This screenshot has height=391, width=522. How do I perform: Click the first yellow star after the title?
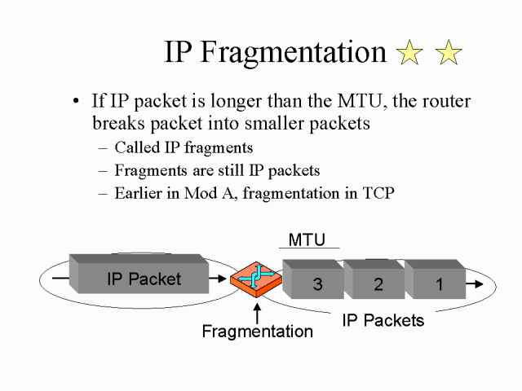pyautogui.click(x=409, y=54)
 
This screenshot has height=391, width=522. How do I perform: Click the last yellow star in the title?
pyautogui.click(x=449, y=54)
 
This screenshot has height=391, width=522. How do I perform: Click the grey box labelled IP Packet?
pyautogui.click(x=143, y=278)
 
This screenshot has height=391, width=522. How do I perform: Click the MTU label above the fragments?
pyautogui.click(x=307, y=239)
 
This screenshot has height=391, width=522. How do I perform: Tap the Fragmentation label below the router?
pyautogui.click(x=257, y=332)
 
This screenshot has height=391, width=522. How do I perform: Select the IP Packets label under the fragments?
pyautogui.click(x=383, y=320)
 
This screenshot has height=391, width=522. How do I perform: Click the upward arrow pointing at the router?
pyautogui.click(x=258, y=311)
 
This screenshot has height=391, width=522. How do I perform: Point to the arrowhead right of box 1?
pyautogui.click(x=478, y=283)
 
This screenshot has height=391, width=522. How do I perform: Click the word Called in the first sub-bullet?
pyautogui.click(x=135, y=148)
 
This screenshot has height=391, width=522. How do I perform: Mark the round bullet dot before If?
pyautogui.click(x=76, y=103)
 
